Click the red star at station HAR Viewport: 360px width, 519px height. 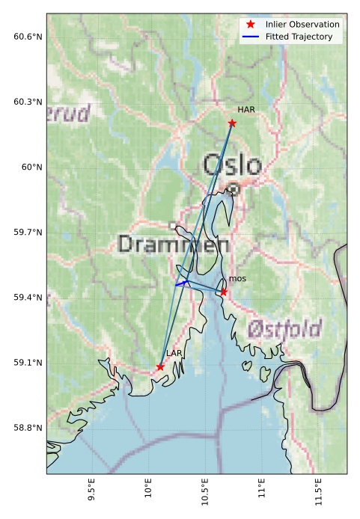click(x=232, y=123)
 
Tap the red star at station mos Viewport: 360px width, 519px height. click(x=223, y=292)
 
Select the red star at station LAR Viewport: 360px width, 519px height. click(x=160, y=366)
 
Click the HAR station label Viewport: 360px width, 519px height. click(x=246, y=110)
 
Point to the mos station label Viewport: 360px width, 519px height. click(x=237, y=279)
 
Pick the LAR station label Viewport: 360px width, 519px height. click(x=174, y=353)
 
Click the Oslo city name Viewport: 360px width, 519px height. click(x=233, y=165)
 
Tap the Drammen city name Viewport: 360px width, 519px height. click(x=173, y=244)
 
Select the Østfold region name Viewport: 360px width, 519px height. click(x=284, y=328)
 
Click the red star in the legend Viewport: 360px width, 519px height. click(x=251, y=25)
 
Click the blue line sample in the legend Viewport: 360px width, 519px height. click(x=251, y=36)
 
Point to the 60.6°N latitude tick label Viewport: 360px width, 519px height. click(x=28, y=37)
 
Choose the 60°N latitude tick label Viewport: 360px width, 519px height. click(x=31, y=168)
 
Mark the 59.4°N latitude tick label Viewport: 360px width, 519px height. click(x=28, y=298)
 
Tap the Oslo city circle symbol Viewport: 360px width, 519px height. click(x=234, y=189)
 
